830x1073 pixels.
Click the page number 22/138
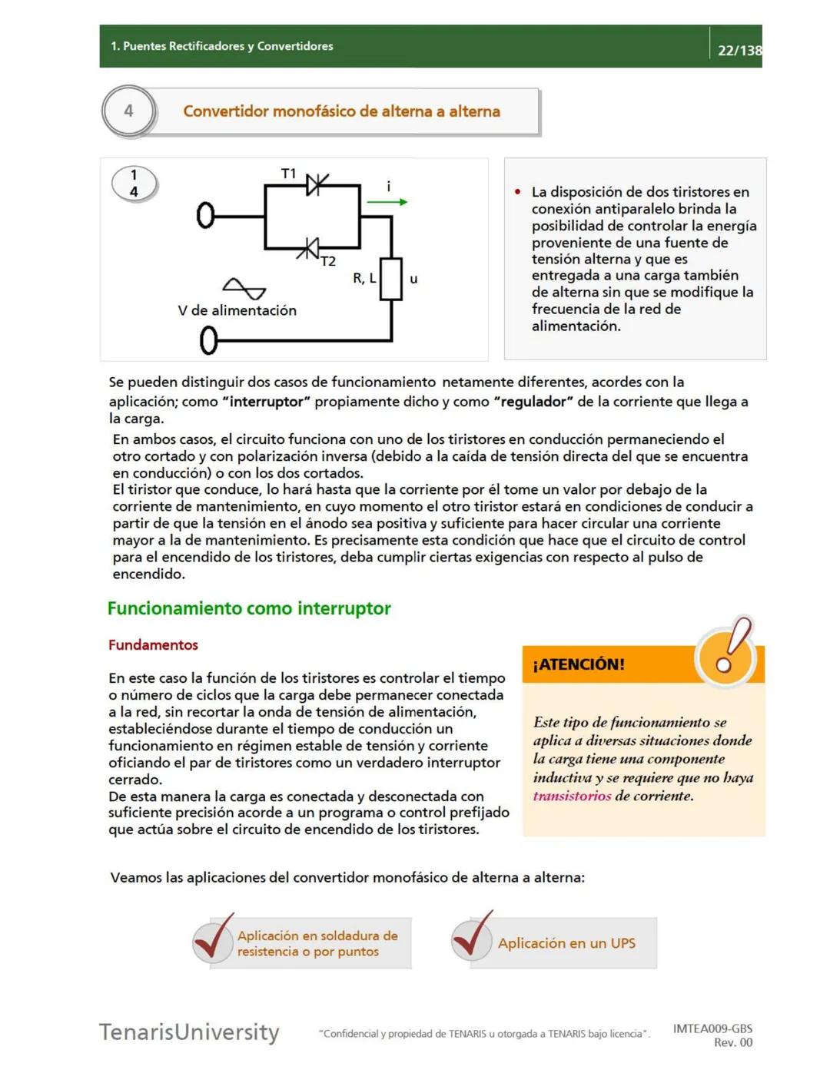[x=739, y=51]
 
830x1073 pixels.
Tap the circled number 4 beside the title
[x=128, y=111]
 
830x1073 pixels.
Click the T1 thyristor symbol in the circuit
[x=315, y=184]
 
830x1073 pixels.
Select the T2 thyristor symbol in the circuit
[x=309, y=248]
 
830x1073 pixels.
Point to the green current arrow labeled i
[x=387, y=202]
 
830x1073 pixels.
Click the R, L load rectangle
[x=391, y=279]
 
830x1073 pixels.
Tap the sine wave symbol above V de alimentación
[x=244, y=289]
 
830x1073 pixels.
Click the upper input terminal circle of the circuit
[x=205, y=216]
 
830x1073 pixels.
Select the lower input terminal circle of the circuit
[x=208, y=340]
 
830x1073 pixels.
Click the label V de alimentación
[x=237, y=310]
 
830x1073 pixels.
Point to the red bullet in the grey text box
[x=518, y=192]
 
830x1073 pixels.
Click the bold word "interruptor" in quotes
[x=266, y=402]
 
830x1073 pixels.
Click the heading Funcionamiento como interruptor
[x=249, y=608]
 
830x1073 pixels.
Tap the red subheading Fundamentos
[x=153, y=645]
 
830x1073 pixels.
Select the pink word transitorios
[x=572, y=796]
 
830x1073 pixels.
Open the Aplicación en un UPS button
[x=566, y=943]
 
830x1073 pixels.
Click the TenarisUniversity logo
[x=189, y=1032]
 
